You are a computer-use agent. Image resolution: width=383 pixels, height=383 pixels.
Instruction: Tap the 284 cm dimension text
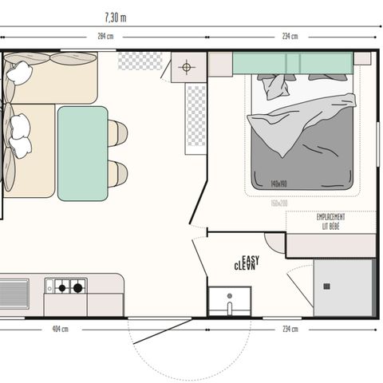pos(105,36)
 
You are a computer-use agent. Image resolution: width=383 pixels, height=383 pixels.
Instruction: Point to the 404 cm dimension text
pos(60,330)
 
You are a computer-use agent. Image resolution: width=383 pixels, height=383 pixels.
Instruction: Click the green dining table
pos(82,152)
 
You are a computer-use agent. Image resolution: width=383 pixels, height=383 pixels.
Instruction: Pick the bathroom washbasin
pos(229,301)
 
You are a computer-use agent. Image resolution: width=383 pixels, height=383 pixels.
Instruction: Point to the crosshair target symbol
pos(188,67)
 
